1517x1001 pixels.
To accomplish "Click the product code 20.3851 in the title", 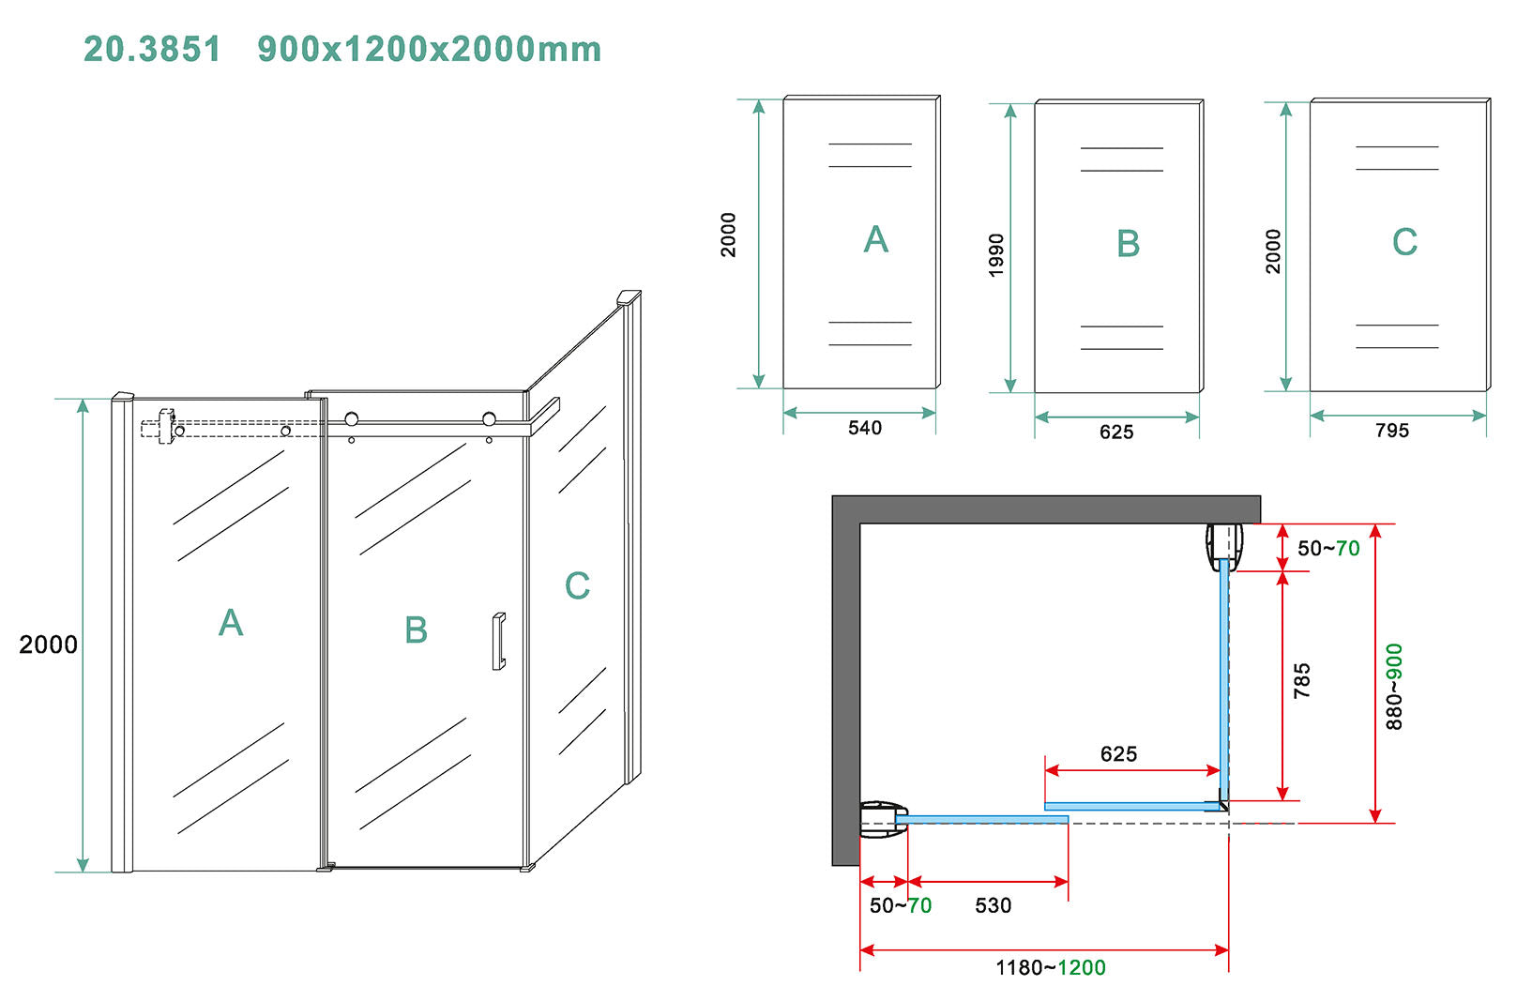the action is (152, 49).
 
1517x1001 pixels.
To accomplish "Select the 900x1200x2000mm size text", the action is (430, 49).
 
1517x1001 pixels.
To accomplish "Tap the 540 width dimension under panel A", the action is (865, 428).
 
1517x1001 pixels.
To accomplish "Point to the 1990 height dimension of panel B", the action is (996, 255).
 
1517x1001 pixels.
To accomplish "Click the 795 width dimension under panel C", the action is (1392, 431).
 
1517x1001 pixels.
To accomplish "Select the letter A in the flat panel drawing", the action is (875, 239).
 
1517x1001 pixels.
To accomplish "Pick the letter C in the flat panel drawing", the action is (1404, 242).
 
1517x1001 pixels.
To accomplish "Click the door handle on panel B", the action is (499, 642).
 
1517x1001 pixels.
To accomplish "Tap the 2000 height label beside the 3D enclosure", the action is (48, 645).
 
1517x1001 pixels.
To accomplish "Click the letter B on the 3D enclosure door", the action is (416, 629).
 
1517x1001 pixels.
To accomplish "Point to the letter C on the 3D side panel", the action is (577, 585).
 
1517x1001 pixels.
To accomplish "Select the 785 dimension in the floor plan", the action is (1301, 681).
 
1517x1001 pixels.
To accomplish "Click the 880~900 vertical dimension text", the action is (1394, 687).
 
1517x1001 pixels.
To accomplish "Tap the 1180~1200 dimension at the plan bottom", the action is (1051, 967).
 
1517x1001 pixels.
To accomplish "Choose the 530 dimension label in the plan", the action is (994, 905).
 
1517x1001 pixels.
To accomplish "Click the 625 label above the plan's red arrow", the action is (1118, 753).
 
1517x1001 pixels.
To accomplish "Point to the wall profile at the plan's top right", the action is (1224, 547).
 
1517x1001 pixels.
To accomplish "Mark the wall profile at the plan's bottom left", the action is (884, 819).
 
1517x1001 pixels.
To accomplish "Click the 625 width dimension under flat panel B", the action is (1116, 432).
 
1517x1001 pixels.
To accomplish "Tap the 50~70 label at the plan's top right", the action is (1328, 548).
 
